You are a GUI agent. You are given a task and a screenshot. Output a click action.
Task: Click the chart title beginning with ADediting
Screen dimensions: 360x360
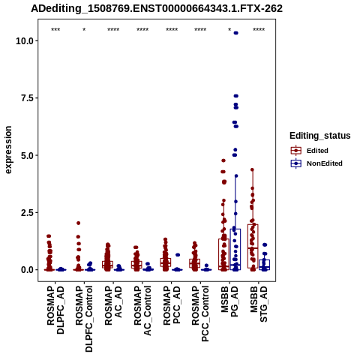[x=157, y=8]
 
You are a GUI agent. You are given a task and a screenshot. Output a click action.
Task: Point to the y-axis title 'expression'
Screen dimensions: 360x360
[x=8, y=150]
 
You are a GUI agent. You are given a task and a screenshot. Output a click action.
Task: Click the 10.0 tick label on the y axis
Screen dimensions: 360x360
[x=25, y=40]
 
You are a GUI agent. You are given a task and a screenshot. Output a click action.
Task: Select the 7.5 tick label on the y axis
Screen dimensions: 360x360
[x=28, y=98]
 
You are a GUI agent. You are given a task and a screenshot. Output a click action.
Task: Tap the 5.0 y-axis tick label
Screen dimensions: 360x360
[x=28, y=155]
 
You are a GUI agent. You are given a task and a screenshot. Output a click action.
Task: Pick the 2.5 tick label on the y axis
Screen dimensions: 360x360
[x=28, y=213]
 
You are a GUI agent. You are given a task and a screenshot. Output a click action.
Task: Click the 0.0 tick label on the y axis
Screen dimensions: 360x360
[x=28, y=270]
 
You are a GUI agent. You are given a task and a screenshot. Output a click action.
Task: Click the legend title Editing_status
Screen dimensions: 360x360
[x=320, y=136]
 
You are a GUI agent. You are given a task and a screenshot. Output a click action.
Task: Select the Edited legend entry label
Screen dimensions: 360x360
[x=317, y=151]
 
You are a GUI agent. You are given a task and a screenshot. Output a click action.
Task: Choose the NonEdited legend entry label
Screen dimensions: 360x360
[x=325, y=163]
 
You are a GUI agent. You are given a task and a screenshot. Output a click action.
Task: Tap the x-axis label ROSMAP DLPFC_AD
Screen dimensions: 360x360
[x=55, y=310]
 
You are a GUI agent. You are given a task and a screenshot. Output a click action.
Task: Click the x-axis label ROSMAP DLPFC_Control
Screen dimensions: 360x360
[x=84, y=319]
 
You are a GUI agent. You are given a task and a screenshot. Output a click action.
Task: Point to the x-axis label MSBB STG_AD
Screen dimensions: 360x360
[x=259, y=304]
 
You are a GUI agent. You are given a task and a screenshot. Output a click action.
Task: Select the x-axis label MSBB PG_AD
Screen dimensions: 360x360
[x=229, y=301]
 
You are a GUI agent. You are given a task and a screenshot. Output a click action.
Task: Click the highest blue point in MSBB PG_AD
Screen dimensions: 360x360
[x=235, y=33]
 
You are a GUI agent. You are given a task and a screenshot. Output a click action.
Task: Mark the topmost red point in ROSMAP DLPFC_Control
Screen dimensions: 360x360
[x=78, y=223]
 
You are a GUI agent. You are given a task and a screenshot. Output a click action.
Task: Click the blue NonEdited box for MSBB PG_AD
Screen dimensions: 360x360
[x=235, y=249]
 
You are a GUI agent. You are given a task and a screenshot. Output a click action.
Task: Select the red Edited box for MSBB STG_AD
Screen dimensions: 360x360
[x=253, y=246]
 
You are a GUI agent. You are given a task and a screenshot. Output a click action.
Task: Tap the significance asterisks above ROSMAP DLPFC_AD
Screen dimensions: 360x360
[x=55, y=30]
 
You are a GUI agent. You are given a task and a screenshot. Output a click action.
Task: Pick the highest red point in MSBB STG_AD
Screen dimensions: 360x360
[x=252, y=169]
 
